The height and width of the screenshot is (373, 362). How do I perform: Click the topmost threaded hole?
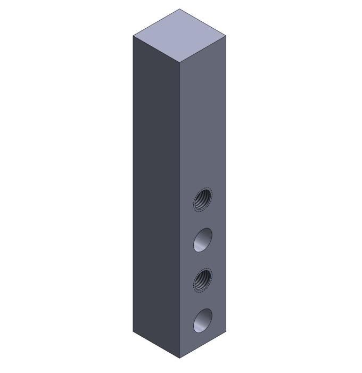click(x=202, y=200)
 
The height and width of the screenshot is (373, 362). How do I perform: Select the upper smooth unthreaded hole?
click(x=202, y=239)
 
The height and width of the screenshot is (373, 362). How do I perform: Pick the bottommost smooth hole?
click(x=202, y=320)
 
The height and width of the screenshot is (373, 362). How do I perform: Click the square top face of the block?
click(x=180, y=36)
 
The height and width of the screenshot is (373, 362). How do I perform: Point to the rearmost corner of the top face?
click(x=180, y=9)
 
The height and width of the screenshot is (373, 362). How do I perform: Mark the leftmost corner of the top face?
click(x=133, y=36)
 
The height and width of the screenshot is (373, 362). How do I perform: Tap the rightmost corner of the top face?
click(x=227, y=36)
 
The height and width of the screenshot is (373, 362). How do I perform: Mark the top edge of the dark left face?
click(x=157, y=50)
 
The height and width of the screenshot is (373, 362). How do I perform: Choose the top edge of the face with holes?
click(x=203, y=50)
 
